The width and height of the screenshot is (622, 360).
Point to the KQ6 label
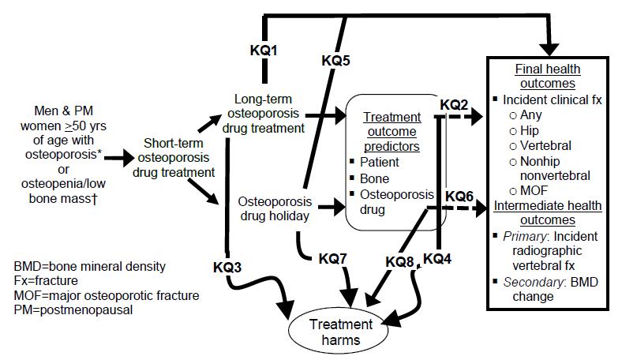coord(460,195)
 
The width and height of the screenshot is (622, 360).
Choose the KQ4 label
coord(438,258)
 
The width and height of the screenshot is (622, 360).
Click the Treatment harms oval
coord(341,332)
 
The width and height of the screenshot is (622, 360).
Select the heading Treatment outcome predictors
coord(392,131)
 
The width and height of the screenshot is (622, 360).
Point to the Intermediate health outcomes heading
coord(548,214)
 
